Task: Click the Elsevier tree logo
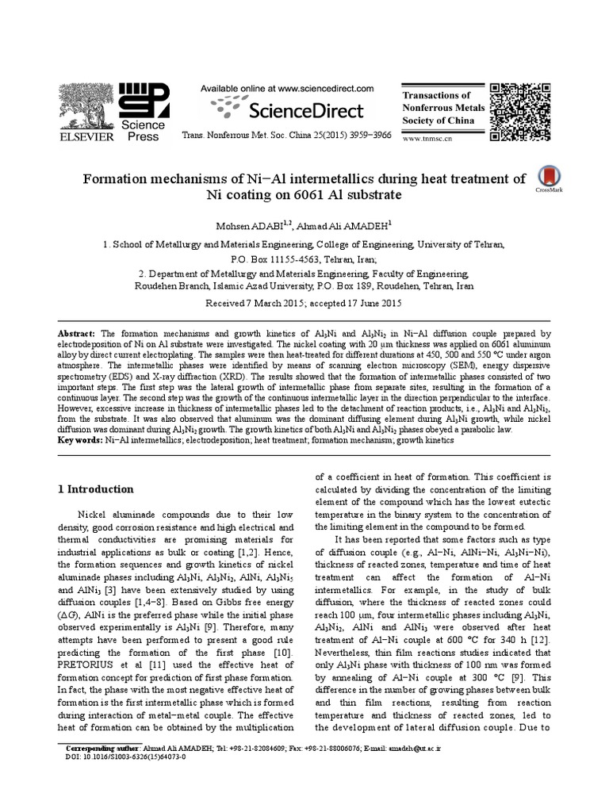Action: click(x=88, y=105)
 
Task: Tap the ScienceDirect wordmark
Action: click(x=286, y=109)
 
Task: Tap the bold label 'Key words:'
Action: click(x=81, y=439)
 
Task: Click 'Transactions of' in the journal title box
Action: click(x=433, y=95)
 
